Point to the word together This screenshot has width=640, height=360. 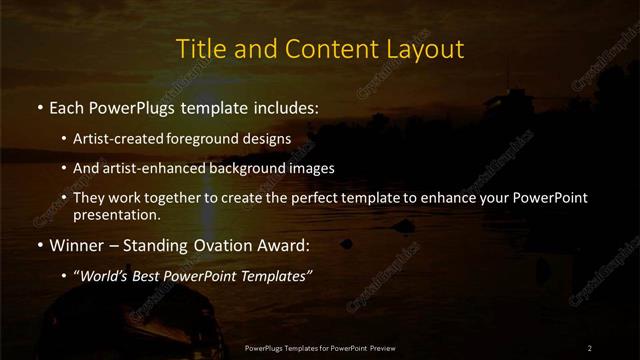(x=181, y=198)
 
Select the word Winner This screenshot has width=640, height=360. (x=74, y=243)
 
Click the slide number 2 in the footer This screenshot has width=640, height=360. (x=590, y=348)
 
